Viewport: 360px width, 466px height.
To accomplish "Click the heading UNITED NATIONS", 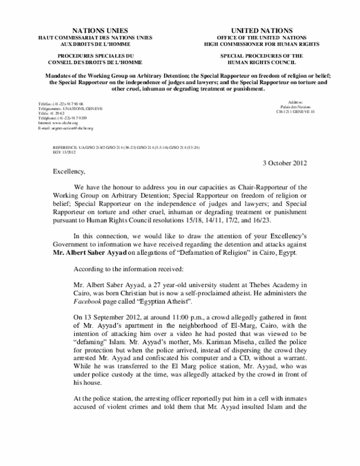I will click(x=262, y=30).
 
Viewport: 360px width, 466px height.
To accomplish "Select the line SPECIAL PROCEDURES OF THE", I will click(x=262, y=56).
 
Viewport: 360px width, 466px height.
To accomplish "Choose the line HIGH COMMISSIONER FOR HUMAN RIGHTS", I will click(x=262, y=43).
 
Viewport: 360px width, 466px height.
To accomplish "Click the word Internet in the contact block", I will click(x=46, y=122).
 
